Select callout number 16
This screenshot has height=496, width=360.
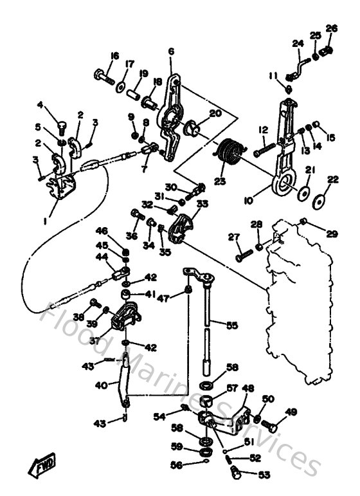pyautogui.click(x=114, y=57)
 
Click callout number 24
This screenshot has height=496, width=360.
pyautogui.click(x=297, y=44)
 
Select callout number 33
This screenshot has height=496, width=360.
pyautogui.click(x=202, y=203)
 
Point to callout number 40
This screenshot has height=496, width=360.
pyautogui.click(x=100, y=385)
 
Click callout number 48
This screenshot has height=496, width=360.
pyautogui.click(x=247, y=388)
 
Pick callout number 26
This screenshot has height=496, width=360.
pyautogui.click(x=331, y=28)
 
